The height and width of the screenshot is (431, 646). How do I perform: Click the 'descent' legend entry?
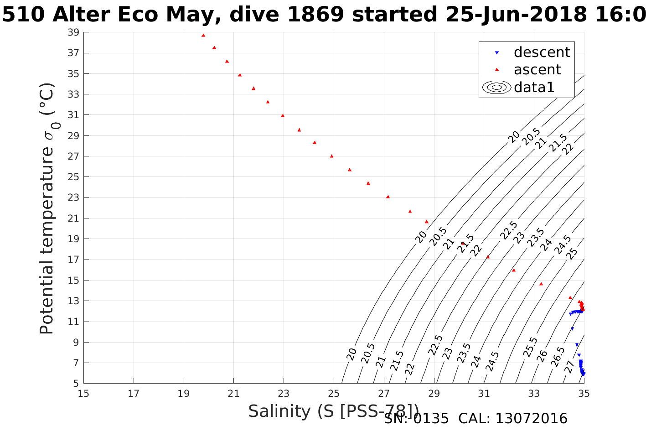pos(542,52)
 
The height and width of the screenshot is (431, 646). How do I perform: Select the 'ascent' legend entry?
pos(537,70)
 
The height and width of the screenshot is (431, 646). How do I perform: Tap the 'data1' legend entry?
pos(534,87)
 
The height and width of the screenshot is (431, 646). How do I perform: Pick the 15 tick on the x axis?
pos(84,393)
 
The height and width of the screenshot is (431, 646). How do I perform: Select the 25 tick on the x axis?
pos(334,393)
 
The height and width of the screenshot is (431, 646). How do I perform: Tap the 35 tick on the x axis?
pos(584,393)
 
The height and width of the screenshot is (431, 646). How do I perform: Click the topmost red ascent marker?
pos(203,35)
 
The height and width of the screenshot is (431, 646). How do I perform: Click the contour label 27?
pos(570,366)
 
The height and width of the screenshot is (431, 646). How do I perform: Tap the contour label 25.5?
pos(531,347)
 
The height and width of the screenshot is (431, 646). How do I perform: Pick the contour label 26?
pos(542,356)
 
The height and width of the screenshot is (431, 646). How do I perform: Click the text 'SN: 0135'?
pos(416,419)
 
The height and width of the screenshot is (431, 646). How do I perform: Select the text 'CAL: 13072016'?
pos(513,419)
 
